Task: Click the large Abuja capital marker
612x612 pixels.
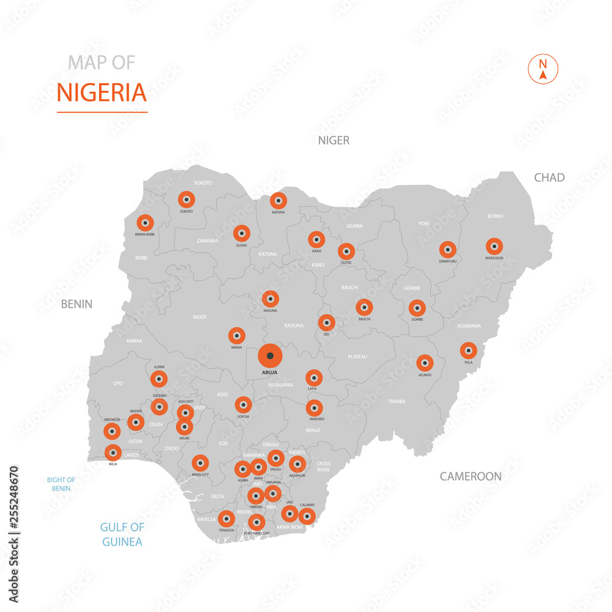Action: [270, 356]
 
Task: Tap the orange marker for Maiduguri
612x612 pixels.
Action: [494, 246]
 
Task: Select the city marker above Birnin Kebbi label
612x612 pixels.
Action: [145, 223]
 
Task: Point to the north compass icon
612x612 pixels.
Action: [543, 69]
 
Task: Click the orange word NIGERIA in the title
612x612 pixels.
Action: [102, 93]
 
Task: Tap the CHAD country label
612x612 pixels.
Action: [549, 177]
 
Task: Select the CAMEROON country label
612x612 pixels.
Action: [471, 476]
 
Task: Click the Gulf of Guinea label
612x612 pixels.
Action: [122, 534]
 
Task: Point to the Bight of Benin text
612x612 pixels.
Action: [61, 484]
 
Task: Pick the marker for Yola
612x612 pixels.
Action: [468, 350]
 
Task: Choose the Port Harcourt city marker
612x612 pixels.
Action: [256, 522]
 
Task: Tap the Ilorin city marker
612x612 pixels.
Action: [159, 379]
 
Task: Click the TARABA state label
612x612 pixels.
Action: [396, 401]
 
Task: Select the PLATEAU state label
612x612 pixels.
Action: [357, 356]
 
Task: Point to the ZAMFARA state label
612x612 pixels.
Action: [207, 241]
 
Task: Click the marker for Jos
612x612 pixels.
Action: [327, 323]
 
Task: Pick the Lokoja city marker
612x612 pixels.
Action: [243, 405]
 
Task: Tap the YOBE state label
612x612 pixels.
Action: [424, 223]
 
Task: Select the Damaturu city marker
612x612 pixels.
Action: [447, 249]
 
